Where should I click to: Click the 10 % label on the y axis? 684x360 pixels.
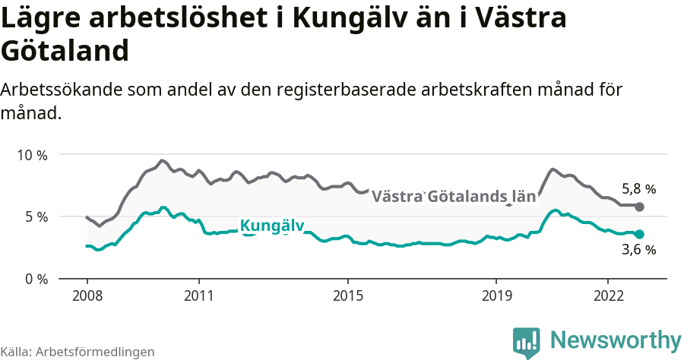coord(32,155)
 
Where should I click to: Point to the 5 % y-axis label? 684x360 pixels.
coord(36,216)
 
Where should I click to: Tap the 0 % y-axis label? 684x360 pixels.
coord(36,279)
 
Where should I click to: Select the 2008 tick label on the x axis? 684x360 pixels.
coord(87,295)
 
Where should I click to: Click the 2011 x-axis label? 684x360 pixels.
coord(198,295)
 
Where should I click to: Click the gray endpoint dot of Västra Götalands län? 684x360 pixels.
coord(639,207)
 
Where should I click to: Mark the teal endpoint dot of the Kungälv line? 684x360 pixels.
coord(639,234)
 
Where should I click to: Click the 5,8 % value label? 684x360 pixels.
coord(638,189)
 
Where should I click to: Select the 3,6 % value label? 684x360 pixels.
coord(638,250)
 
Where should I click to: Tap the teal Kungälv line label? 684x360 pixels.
coord(271,226)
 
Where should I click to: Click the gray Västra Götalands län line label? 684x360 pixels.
coord(454,197)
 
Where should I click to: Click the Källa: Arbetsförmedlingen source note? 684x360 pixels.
coord(78,352)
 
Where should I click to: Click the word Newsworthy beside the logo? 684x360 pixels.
coord(616,339)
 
